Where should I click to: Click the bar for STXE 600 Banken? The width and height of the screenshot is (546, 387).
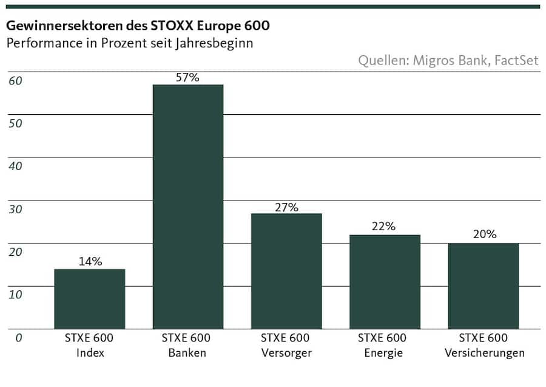[188, 207]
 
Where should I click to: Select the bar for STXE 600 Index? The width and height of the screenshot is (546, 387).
[90, 299]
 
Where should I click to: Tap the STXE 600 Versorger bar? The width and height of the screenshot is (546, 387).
[286, 271]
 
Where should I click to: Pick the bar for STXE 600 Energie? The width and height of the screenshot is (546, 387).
[385, 282]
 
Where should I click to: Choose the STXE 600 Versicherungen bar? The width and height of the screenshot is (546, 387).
[484, 286]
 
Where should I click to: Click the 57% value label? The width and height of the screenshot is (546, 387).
[188, 78]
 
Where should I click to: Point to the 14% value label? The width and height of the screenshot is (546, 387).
[90, 262]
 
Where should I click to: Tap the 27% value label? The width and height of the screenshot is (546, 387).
[286, 207]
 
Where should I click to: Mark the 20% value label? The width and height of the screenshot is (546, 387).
[484, 234]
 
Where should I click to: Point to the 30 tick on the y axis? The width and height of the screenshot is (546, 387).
[15, 209]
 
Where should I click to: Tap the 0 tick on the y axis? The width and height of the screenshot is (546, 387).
[19, 337]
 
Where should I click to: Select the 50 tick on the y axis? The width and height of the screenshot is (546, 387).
[15, 123]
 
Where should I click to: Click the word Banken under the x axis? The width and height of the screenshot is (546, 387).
[188, 353]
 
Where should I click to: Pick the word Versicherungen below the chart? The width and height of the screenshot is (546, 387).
[484, 353]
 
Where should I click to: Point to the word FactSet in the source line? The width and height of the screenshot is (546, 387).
[516, 61]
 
